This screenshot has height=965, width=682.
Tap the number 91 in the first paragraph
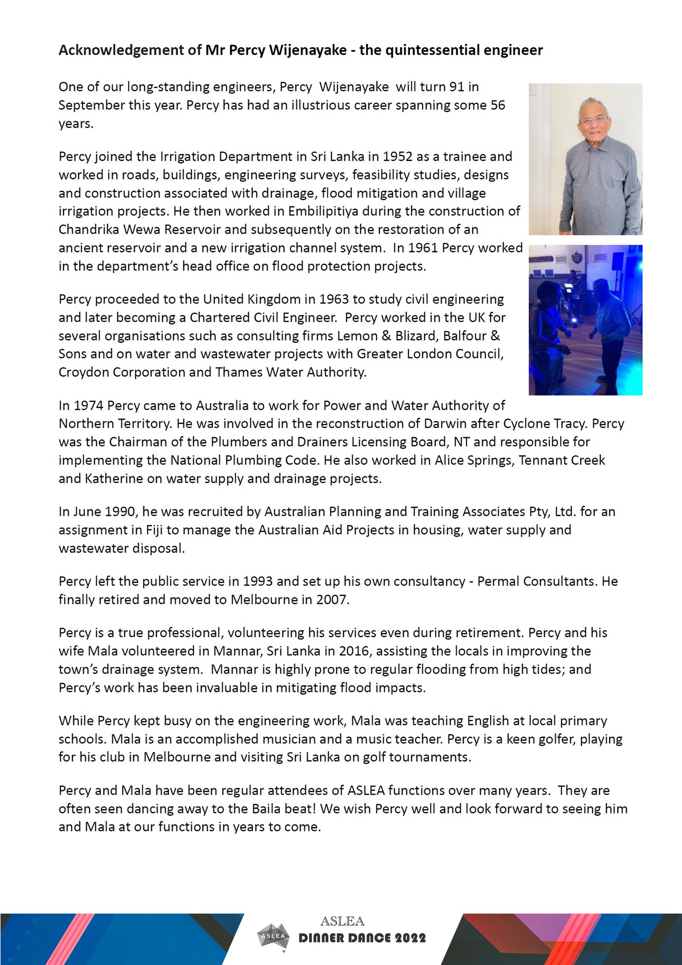tap(457, 87)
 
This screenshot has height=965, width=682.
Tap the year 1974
tap(89, 406)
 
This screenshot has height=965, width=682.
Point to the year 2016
tap(354, 651)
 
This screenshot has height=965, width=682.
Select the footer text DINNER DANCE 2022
tap(362, 938)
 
